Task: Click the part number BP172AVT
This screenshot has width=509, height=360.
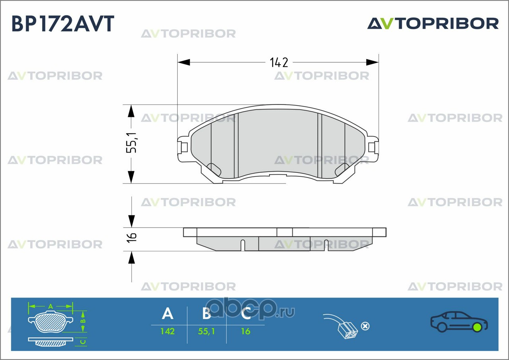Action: [x=63, y=24]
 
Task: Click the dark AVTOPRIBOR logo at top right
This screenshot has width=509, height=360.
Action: [x=433, y=23]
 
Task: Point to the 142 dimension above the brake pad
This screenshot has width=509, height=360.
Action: [x=278, y=62]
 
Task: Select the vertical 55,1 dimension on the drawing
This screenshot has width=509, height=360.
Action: [x=132, y=143]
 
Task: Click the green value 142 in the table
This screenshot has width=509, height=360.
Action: [x=167, y=331]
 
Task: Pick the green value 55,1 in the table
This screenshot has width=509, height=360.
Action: [x=206, y=331]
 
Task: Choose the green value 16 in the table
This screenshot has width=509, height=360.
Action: [x=246, y=331]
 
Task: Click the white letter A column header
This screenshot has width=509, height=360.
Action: [x=167, y=314]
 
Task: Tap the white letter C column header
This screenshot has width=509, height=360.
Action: [x=246, y=314]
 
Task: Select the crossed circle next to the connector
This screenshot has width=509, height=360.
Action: [x=365, y=326]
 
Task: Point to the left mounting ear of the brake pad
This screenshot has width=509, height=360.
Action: [x=183, y=147]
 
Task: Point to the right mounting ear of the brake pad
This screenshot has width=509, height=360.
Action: [x=373, y=147]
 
